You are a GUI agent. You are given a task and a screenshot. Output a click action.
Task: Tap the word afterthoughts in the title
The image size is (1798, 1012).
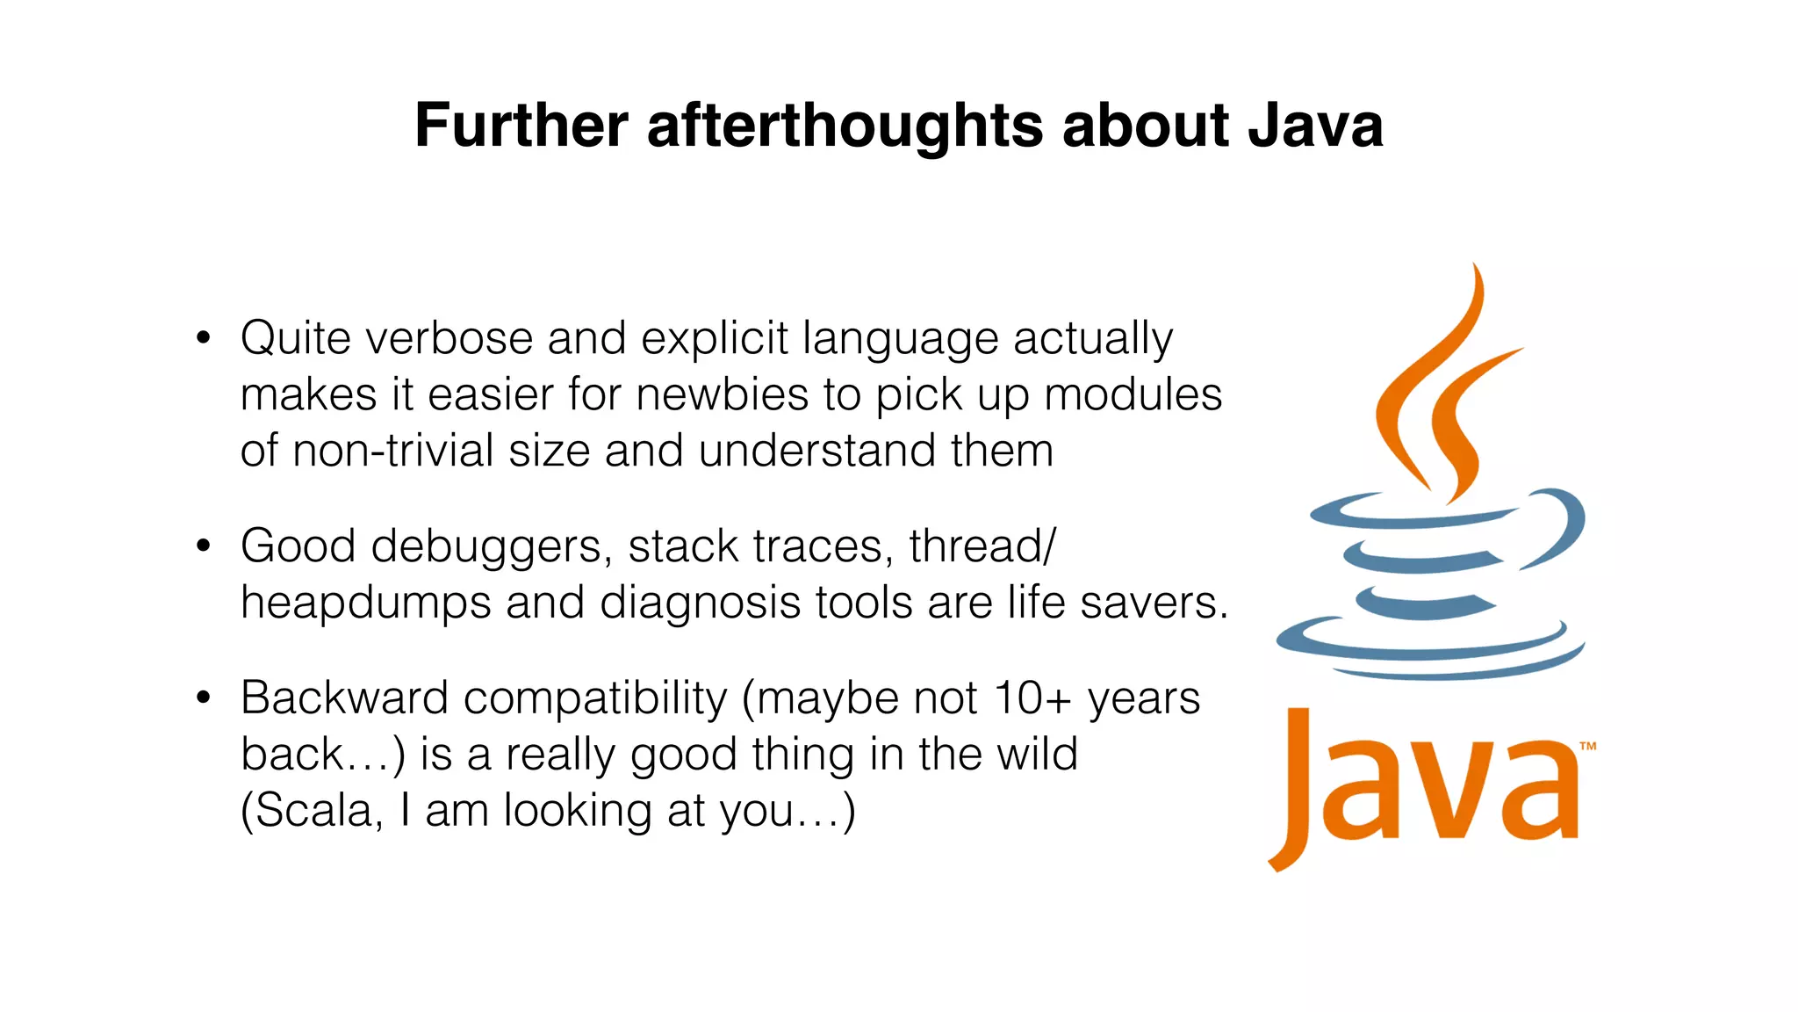(844, 125)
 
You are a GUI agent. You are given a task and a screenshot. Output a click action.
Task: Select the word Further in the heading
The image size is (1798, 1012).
(521, 125)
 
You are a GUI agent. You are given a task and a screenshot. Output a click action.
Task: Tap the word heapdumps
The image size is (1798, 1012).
(365, 604)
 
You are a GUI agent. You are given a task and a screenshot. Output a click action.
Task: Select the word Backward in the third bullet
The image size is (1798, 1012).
(344, 698)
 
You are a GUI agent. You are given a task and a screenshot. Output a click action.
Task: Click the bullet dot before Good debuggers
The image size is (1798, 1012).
(204, 546)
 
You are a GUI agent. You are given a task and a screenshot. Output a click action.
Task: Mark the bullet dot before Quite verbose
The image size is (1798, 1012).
(204, 338)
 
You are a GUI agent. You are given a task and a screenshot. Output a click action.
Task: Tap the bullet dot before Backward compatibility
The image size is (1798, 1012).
(204, 698)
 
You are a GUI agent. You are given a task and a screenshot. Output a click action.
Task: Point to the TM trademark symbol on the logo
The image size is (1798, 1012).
(1587, 747)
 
